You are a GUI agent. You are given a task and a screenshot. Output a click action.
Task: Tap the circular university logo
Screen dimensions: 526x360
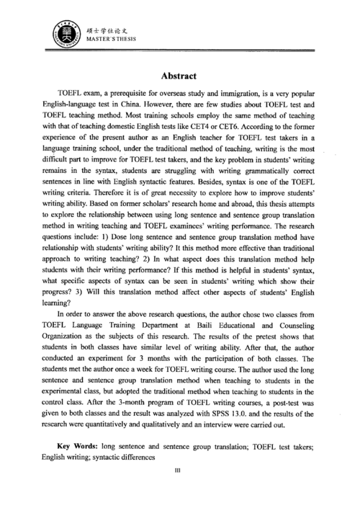click(x=60, y=34)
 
